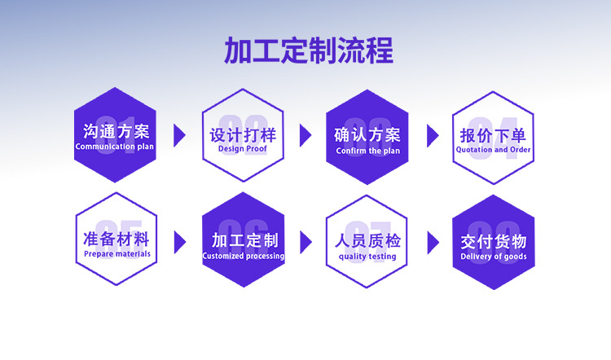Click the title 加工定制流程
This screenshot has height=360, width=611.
click(x=308, y=50)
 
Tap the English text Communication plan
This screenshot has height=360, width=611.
click(x=115, y=147)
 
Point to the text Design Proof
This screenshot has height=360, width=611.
click(x=242, y=150)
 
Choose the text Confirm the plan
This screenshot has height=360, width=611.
click(x=367, y=151)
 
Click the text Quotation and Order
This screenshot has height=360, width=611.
click(x=493, y=150)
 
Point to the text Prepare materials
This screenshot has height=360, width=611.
click(x=116, y=254)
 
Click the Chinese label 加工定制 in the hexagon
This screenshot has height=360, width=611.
click(x=244, y=240)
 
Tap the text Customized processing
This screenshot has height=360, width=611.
click(x=244, y=256)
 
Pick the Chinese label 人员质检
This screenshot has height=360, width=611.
click(x=367, y=241)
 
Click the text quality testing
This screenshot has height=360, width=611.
click(x=367, y=257)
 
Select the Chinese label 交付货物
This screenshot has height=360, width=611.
click(x=494, y=241)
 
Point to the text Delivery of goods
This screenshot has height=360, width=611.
click(x=494, y=257)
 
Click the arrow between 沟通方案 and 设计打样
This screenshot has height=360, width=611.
click(x=179, y=135)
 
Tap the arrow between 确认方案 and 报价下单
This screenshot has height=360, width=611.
click(x=433, y=135)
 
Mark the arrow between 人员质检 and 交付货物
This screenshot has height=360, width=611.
click(x=433, y=241)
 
